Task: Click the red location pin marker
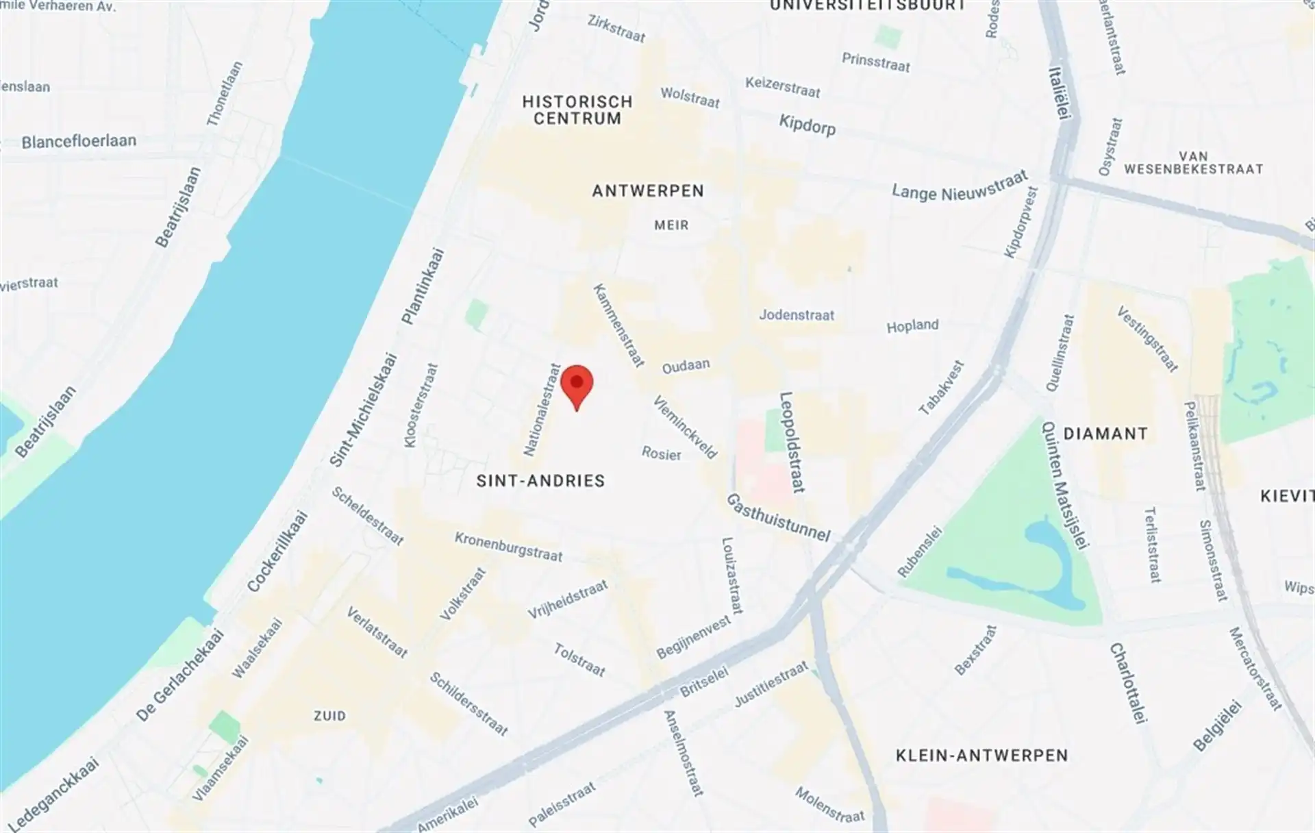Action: coord(577,384)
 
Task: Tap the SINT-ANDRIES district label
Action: coord(540,481)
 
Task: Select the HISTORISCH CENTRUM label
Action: coord(577,110)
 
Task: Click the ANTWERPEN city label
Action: coord(648,191)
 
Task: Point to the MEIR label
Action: coord(671,225)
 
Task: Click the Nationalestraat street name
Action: coord(542,410)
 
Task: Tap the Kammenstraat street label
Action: coord(619,325)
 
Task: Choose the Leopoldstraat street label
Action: coord(792,442)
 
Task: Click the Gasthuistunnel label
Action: coord(778,517)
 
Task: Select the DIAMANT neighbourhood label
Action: coord(1105,434)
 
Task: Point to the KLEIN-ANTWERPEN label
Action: coord(981,756)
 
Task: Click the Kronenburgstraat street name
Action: coord(508,547)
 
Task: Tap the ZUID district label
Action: coord(329,716)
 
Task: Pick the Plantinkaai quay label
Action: coord(423,286)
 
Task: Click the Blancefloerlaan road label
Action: coord(79,142)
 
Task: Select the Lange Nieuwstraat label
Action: coord(960,186)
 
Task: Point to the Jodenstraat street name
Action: coord(797,315)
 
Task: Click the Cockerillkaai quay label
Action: coord(277,551)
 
